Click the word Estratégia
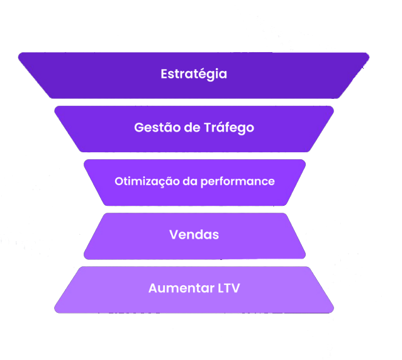point(194,74)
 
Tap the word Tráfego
point(229,128)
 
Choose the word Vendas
point(194,235)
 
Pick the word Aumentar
point(177,288)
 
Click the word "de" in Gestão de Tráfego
point(189,128)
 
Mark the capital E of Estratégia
point(164,74)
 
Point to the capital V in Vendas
point(173,235)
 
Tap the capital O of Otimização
point(118,181)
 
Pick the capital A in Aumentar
point(153,288)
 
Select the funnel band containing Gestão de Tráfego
point(94,129)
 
